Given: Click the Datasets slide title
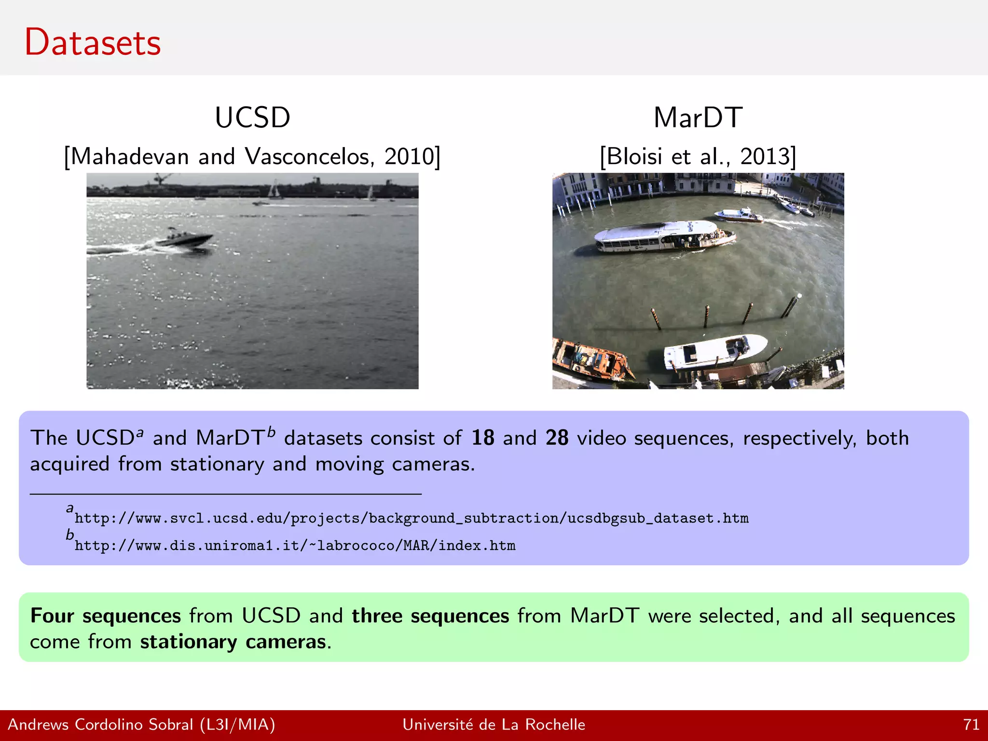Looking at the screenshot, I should tap(93, 42).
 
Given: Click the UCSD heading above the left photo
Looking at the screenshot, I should tap(252, 117).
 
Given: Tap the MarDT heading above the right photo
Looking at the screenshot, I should tap(698, 117).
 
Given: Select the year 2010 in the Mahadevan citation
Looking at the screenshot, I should tap(410, 156).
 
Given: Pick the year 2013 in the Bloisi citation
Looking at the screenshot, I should tap(765, 156).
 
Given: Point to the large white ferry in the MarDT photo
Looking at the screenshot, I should tap(663, 236).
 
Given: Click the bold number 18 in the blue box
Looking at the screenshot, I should tap(482, 438).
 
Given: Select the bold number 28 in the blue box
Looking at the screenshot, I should tap(557, 438).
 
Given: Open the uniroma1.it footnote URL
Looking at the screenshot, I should tap(295, 546).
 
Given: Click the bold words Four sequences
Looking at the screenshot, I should tap(105, 616).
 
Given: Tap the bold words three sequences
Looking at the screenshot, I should tap(430, 616).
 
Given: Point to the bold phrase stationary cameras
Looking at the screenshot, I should tap(233, 642).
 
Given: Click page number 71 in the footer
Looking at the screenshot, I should tap(971, 725).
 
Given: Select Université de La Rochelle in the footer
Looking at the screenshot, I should tap(494, 725).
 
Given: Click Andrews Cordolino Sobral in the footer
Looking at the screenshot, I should tap(100, 725).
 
